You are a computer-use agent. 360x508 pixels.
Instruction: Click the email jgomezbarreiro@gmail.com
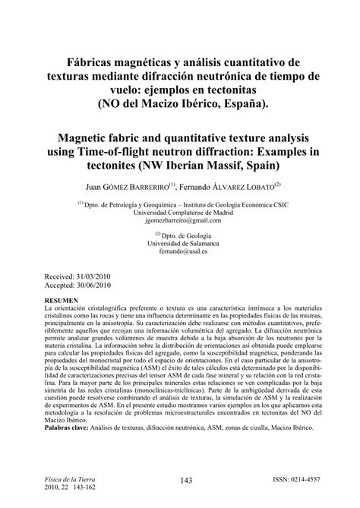point(179,220)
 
